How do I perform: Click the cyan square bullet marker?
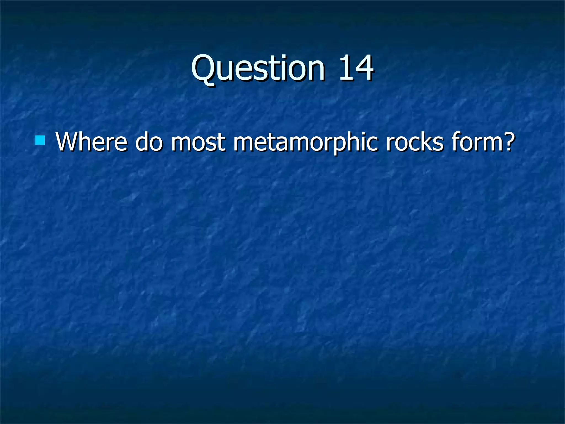40,140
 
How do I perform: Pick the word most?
198,142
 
